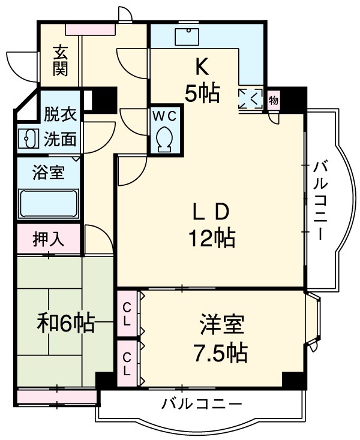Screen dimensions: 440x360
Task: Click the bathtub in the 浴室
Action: pyautogui.click(x=49, y=204)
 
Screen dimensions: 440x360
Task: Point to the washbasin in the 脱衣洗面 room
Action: pyautogui.click(x=28, y=138)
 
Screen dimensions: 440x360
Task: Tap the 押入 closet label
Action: pyautogui.click(x=48, y=239)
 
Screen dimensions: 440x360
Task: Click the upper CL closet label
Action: pyautogui.click(x=127, y=314)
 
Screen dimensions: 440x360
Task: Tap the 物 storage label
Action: pyautogui.click(x=274, y=100)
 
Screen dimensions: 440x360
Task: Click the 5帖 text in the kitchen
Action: pyautogui.click(x=202, y=93)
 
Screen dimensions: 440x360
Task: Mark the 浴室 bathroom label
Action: pyautogui.click(x=49, y=174)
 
